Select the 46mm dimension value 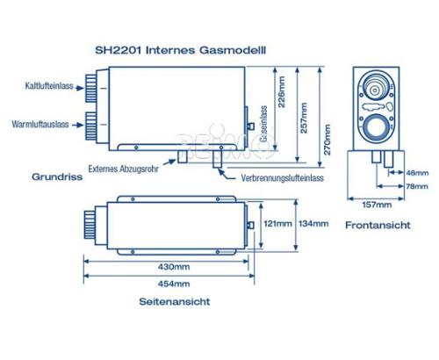[x=417, y=173]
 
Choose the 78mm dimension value [x=417, y=186]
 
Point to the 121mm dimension [x=277, y=224]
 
